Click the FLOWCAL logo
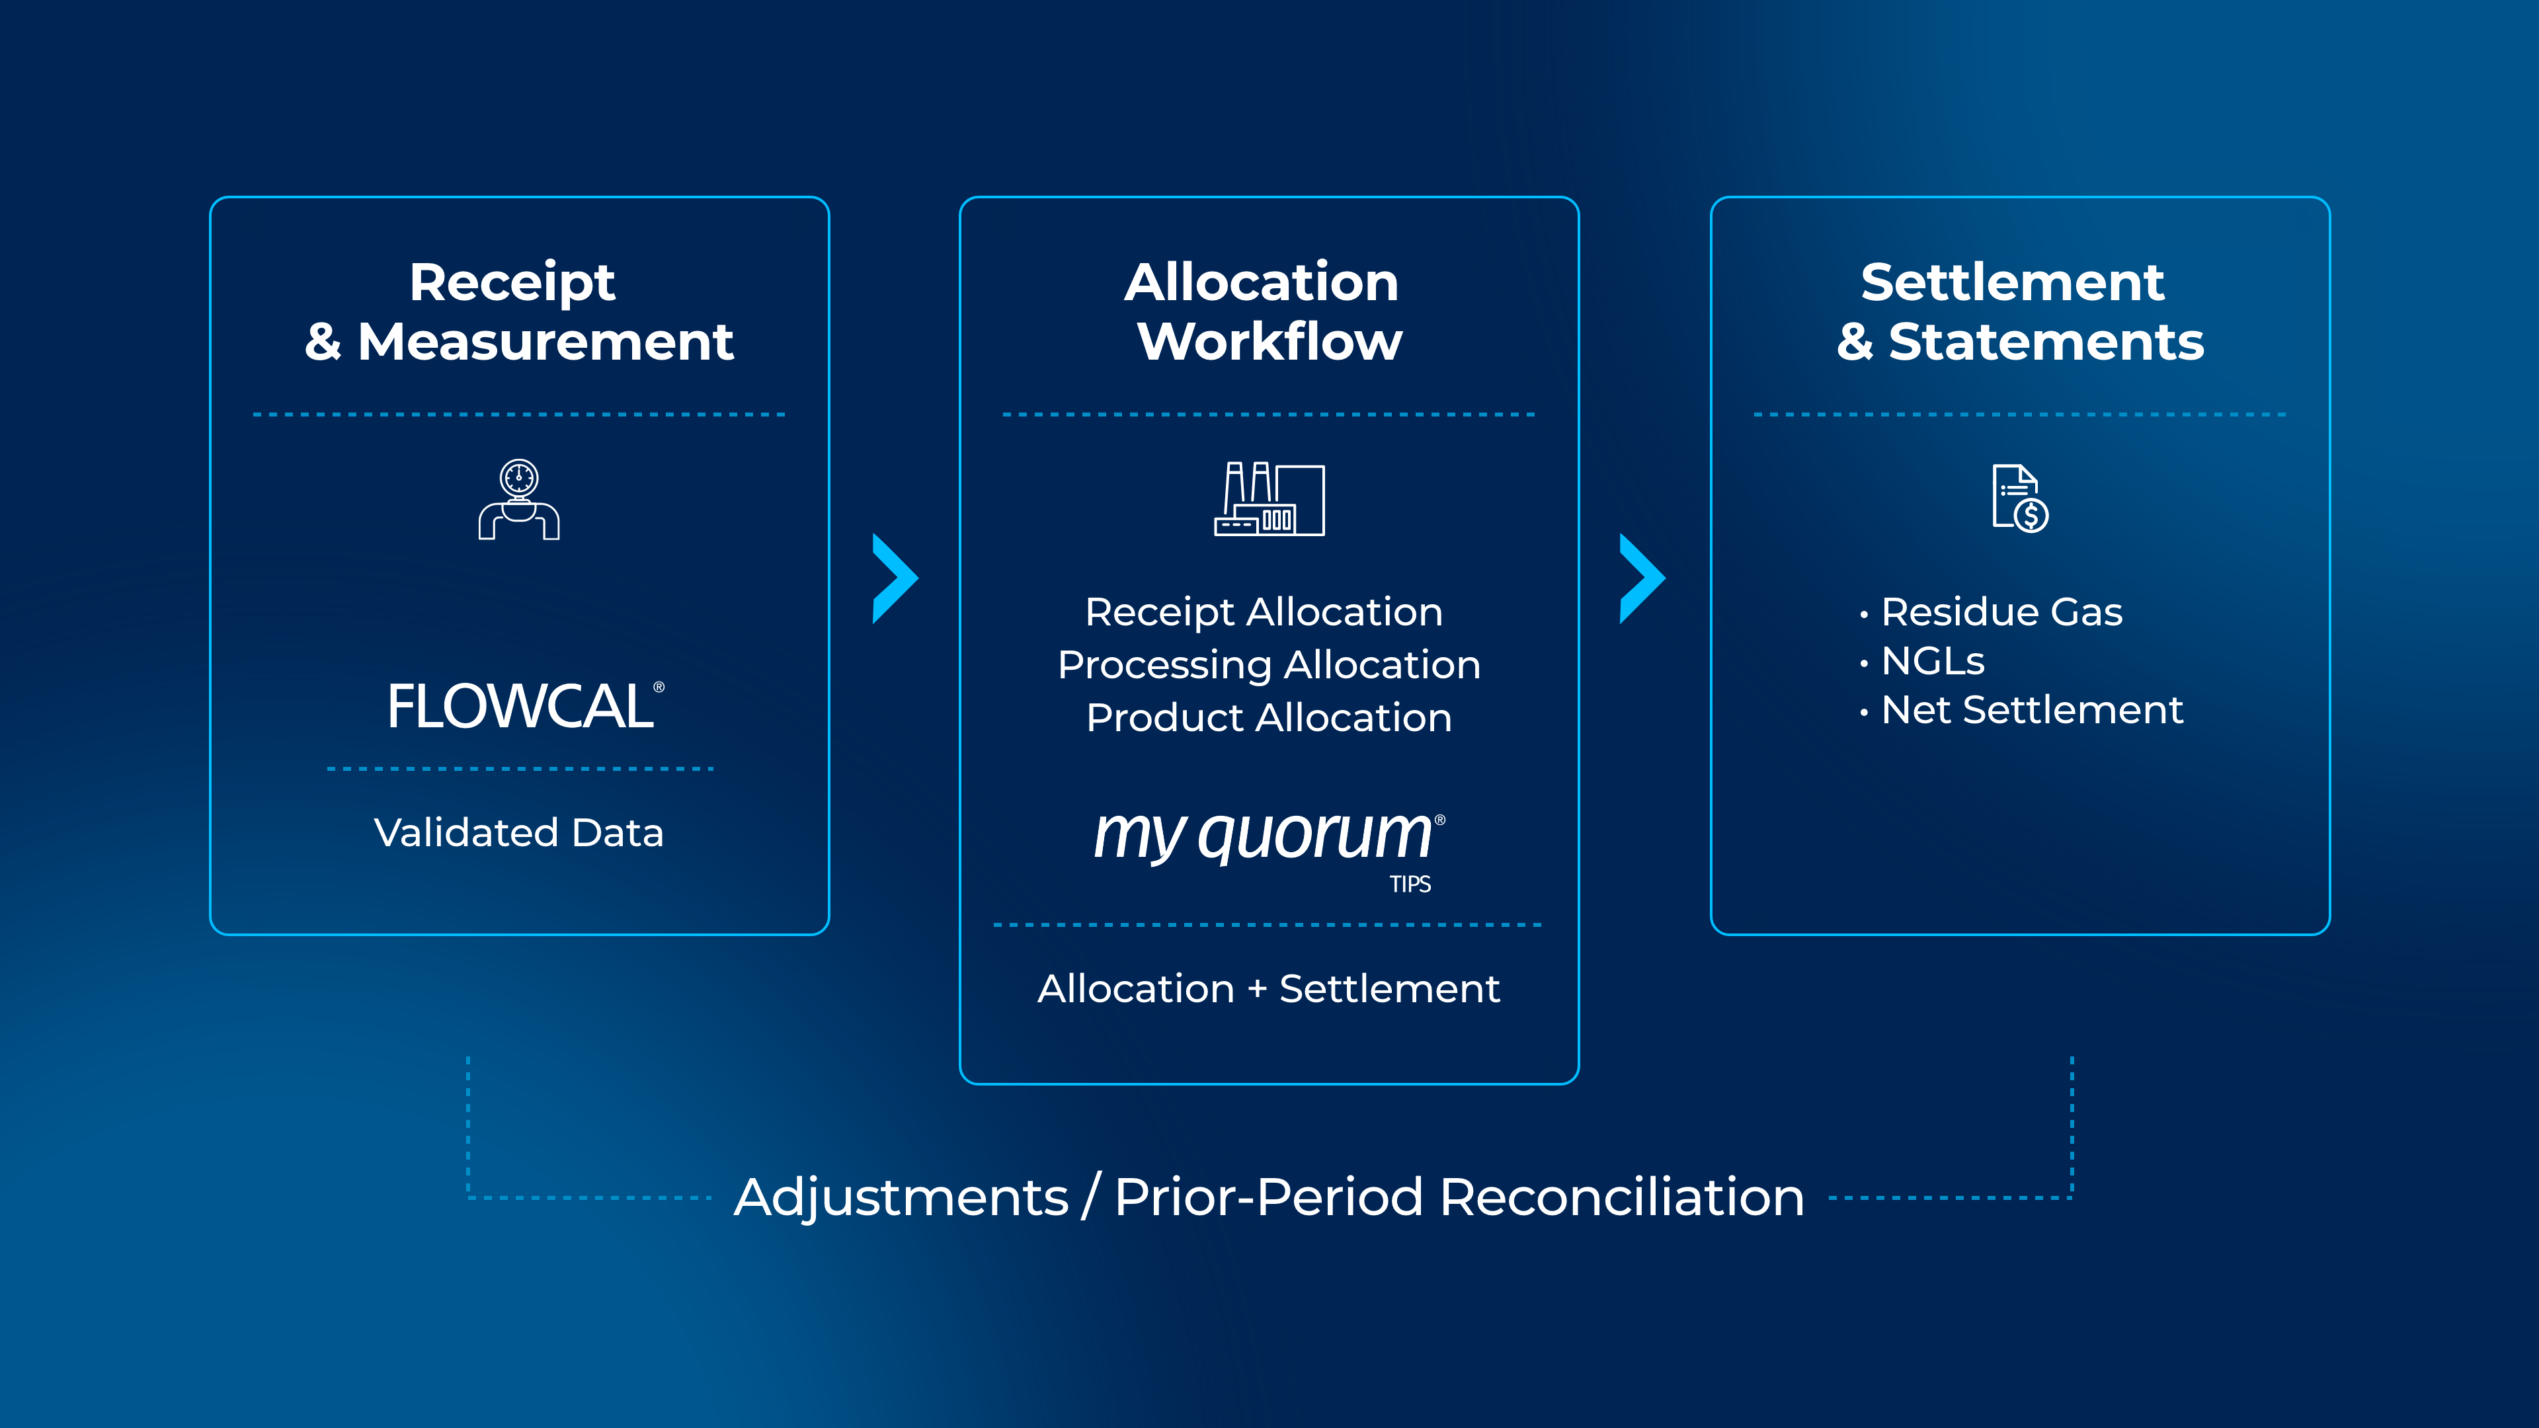(x=522, y=707)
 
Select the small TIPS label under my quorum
(x=1410, y=884)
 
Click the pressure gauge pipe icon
(x=520, y=500)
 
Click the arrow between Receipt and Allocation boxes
(x=895, y=578)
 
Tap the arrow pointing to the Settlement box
(x=1642, y=578)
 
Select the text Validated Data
(x=518, y=833)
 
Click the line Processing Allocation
(x=1269, y=665)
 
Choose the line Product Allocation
(x=1269, y=717)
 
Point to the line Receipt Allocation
(x=1264, y=612)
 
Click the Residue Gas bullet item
(x=2001, y=612)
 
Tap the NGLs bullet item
(x=1932, y=661)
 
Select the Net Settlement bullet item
(x=2031, y=709)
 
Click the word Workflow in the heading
(x=1269, y=342)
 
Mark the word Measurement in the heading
(x=545, y=342)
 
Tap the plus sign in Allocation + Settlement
(x=1257, y=990)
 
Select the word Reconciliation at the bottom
(x=1621, y=1197)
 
